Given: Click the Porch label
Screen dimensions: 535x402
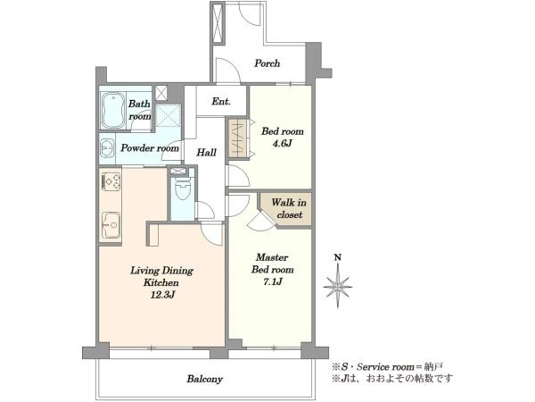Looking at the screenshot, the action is (267, 63).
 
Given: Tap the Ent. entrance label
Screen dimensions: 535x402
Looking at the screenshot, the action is (221, 102).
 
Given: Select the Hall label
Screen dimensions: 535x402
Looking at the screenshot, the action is (206, 153).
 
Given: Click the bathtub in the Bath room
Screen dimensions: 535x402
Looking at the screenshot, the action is (113, 109).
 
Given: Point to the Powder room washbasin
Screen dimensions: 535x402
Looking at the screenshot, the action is (107, 148).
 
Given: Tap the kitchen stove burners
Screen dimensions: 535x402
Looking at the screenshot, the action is (111, 181).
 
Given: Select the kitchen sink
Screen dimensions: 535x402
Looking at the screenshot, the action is (111, 225).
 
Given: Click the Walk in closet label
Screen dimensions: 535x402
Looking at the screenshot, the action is (289, 208).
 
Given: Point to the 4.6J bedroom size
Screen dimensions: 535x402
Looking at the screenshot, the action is (282, 143).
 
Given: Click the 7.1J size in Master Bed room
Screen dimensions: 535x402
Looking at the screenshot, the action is (272, 282).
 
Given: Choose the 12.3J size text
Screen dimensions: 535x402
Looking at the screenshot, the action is (162, 295).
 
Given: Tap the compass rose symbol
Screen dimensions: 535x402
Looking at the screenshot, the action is (338, 287).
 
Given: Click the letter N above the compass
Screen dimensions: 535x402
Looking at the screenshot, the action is (338, 257).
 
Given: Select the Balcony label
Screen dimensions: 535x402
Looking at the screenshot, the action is (204, 379).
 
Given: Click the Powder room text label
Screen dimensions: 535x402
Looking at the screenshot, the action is (150, 148).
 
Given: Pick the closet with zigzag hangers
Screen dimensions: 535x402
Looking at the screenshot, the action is (238, 138).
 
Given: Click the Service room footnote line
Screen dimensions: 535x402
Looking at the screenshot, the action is (388, 367).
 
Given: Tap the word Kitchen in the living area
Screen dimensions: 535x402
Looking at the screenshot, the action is (161, 283).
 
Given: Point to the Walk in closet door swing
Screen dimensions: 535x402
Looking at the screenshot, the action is (261, 221).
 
